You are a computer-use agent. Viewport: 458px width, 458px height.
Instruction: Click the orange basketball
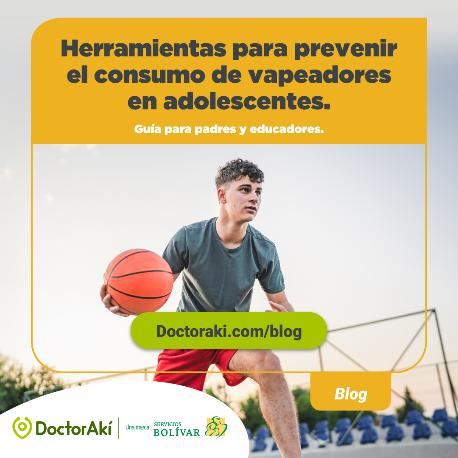tap(139, 281)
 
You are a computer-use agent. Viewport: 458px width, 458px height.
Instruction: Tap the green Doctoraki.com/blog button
tap(229, 331)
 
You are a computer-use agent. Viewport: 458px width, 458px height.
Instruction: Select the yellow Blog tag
tap(351, 394)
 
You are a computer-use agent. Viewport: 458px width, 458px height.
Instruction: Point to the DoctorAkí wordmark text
tap(73, 427)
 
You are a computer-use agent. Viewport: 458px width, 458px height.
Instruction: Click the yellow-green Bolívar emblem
tap(216, 427)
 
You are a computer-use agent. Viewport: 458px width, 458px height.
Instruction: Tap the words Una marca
tap(137, 427)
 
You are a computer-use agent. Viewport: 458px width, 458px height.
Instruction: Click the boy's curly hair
tap(239, 171)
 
